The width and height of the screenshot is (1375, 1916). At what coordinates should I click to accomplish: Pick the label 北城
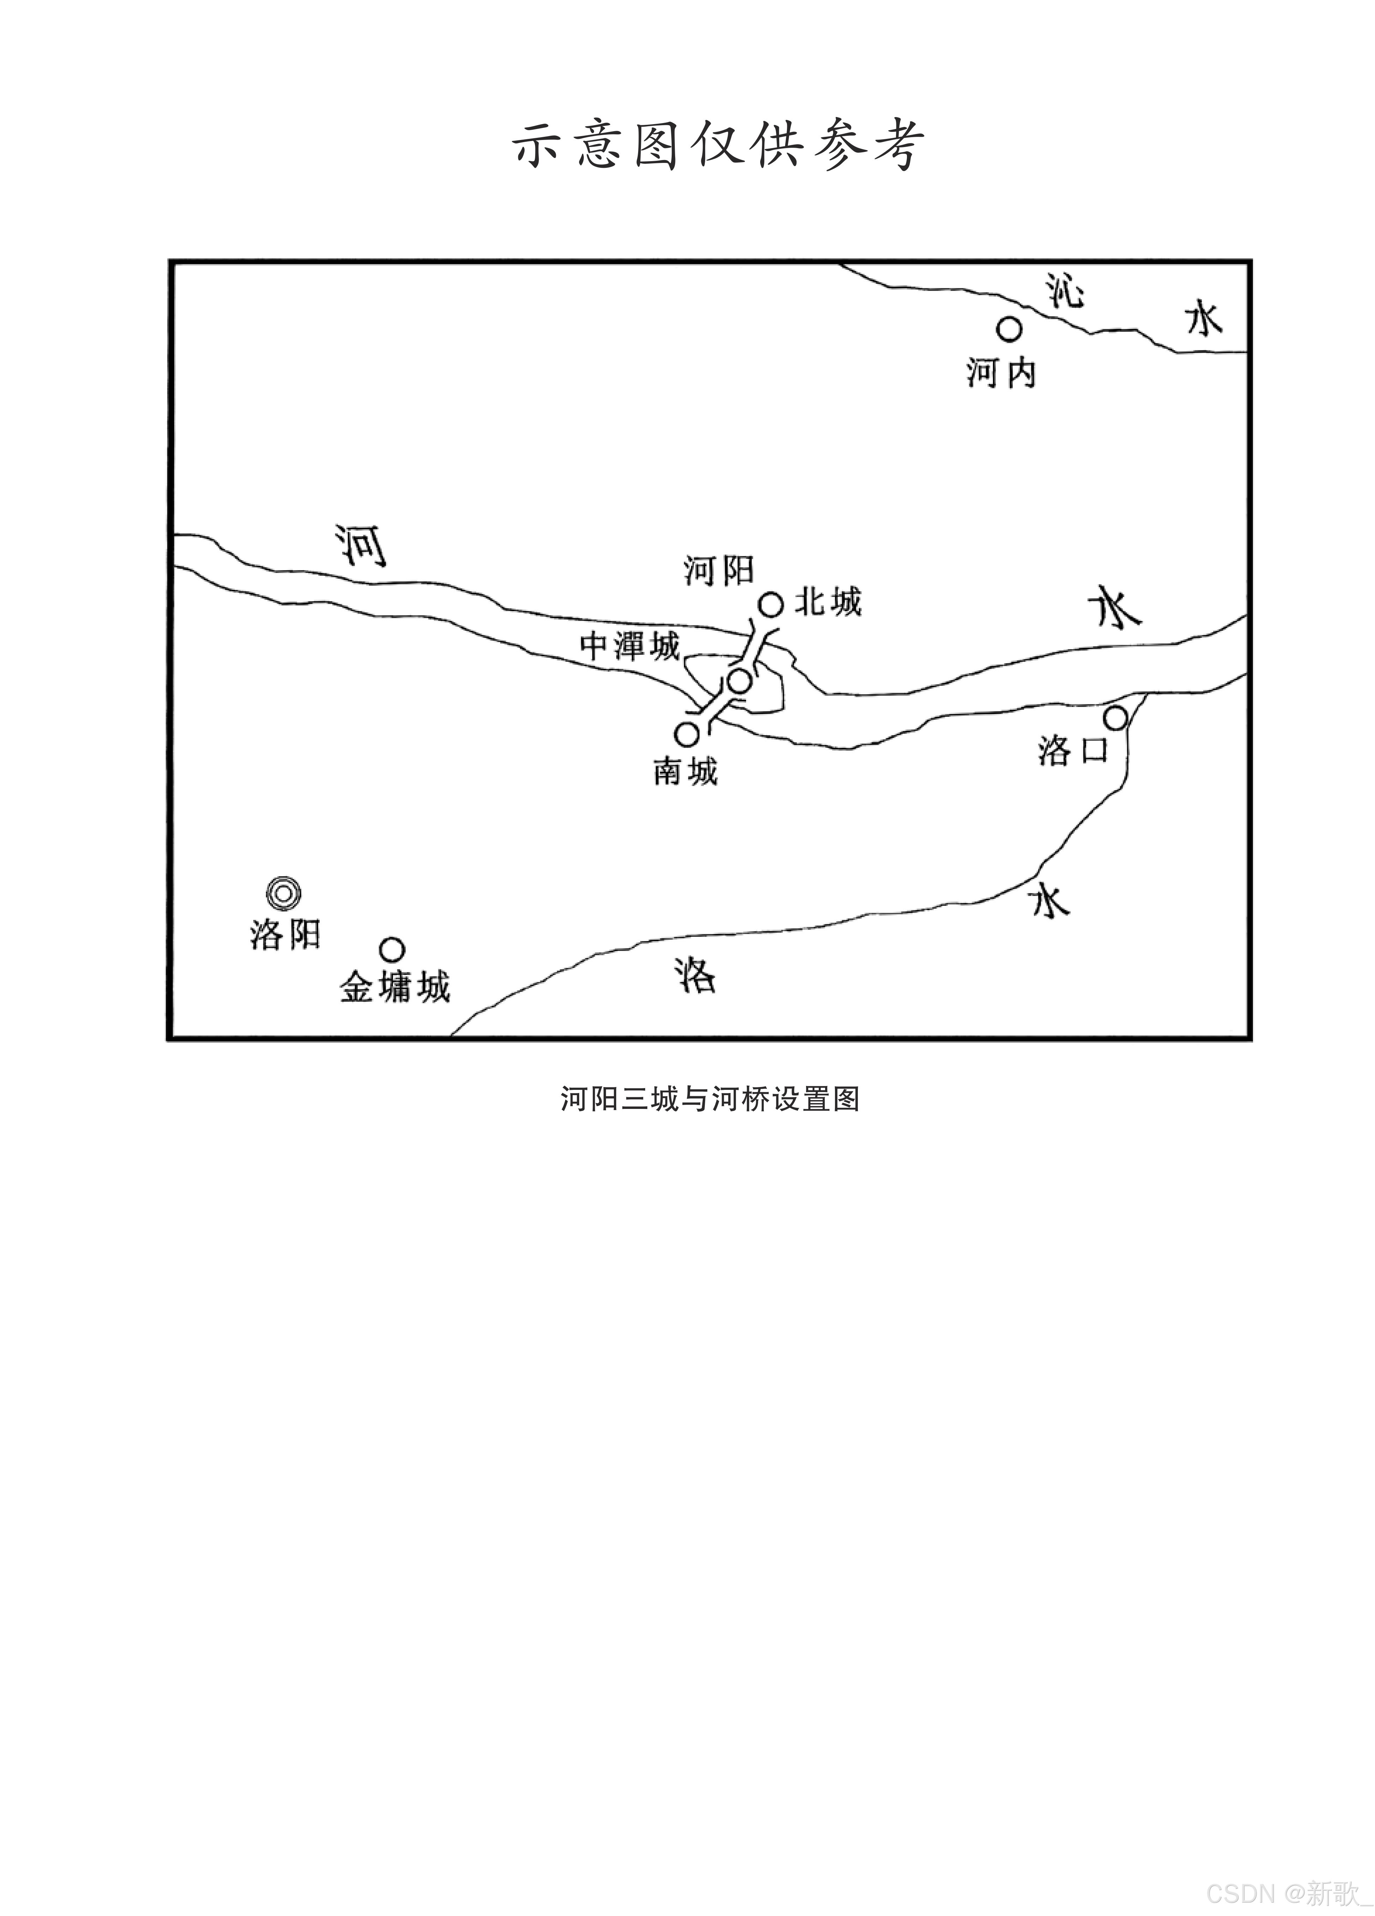(x=828, y=602)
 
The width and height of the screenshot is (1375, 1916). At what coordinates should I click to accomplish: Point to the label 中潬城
(x=630, y=646)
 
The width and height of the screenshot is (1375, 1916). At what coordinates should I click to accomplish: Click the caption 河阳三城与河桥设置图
(x=710, y=1099)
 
